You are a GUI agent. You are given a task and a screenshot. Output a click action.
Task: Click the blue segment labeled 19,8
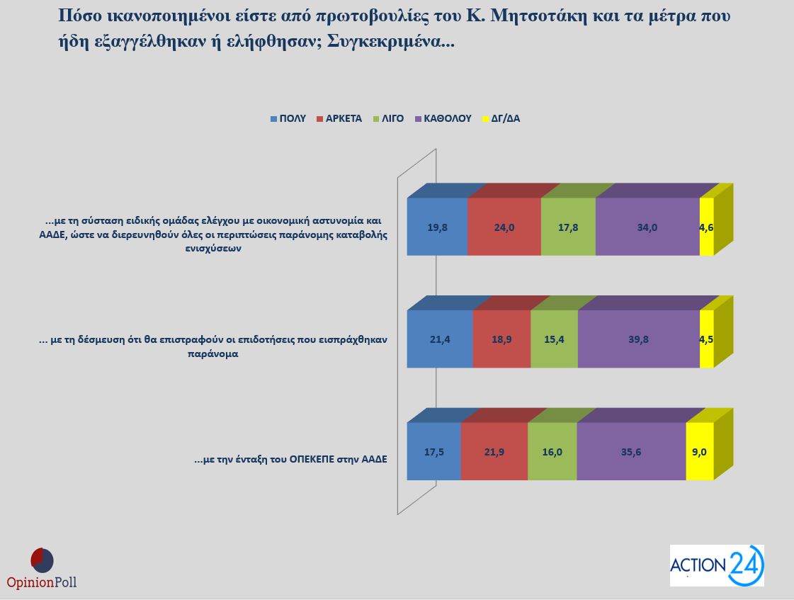pyautogui.click(x=437, y=227)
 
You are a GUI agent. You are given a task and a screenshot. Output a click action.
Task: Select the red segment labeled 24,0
pyautogui.click(x=504, y=227)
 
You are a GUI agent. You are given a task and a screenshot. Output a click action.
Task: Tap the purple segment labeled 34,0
pyautogui.click(x=647, y=227)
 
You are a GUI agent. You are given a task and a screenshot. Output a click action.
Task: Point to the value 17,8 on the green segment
pyautogui.click(x=568, y=227)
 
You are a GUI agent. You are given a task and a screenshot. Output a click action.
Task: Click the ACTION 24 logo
pyautogui.click(x=717, y=565)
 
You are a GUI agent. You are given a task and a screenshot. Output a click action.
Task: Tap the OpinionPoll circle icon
pyautogui.click(x=42, y=560)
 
